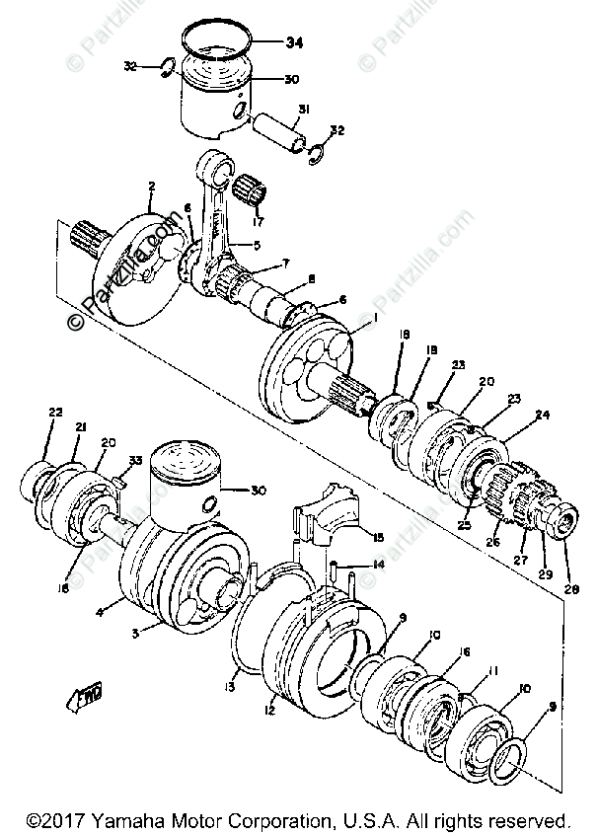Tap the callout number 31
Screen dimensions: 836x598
304,110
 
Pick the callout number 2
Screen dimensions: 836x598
152,186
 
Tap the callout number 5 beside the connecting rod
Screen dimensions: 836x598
255,245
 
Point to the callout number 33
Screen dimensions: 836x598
135,460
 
